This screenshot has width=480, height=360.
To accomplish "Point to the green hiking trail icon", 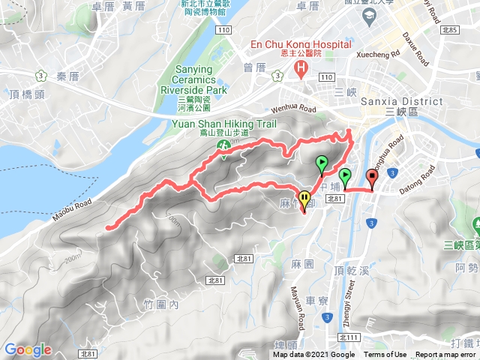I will click(x=223, y=145).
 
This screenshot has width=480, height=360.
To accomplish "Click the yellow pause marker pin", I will click(x=304, y=199).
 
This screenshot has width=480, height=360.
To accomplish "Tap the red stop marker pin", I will click(x=372, y=178).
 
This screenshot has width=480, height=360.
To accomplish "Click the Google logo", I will click(x=28, y=349).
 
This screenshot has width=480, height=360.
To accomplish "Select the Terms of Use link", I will click(x=385, y=355).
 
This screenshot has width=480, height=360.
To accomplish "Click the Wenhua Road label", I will click(x=289, y=109).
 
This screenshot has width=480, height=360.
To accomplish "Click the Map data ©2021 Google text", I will click(x=314, y=355).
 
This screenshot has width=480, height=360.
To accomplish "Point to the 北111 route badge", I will click(x=346, y=337).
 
